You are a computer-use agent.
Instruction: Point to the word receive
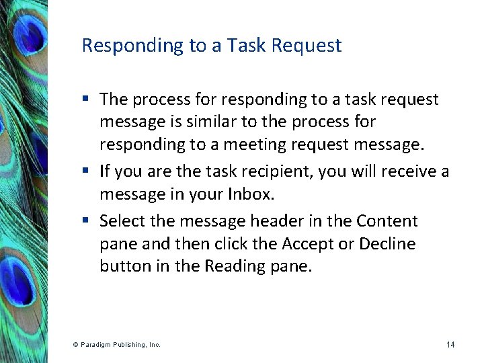pos(403,172)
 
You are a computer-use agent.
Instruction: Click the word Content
pos(387,221)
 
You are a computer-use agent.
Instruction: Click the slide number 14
pos(450,345)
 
